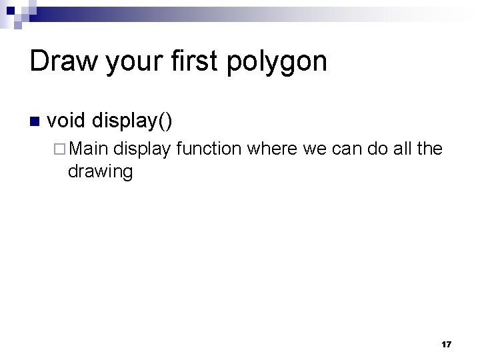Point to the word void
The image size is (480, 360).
click(x=66, y=121)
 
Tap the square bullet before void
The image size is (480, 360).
click(x=35, y=122)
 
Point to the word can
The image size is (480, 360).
click(x=348, y=149)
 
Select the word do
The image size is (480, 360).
click(x=381, y=148)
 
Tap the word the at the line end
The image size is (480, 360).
click(x=430, y=148)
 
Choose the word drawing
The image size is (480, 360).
click(x=100, y=171)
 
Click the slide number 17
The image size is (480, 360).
click(x=446, y=344)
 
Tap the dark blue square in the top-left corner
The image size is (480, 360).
click(x=11, y=11)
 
